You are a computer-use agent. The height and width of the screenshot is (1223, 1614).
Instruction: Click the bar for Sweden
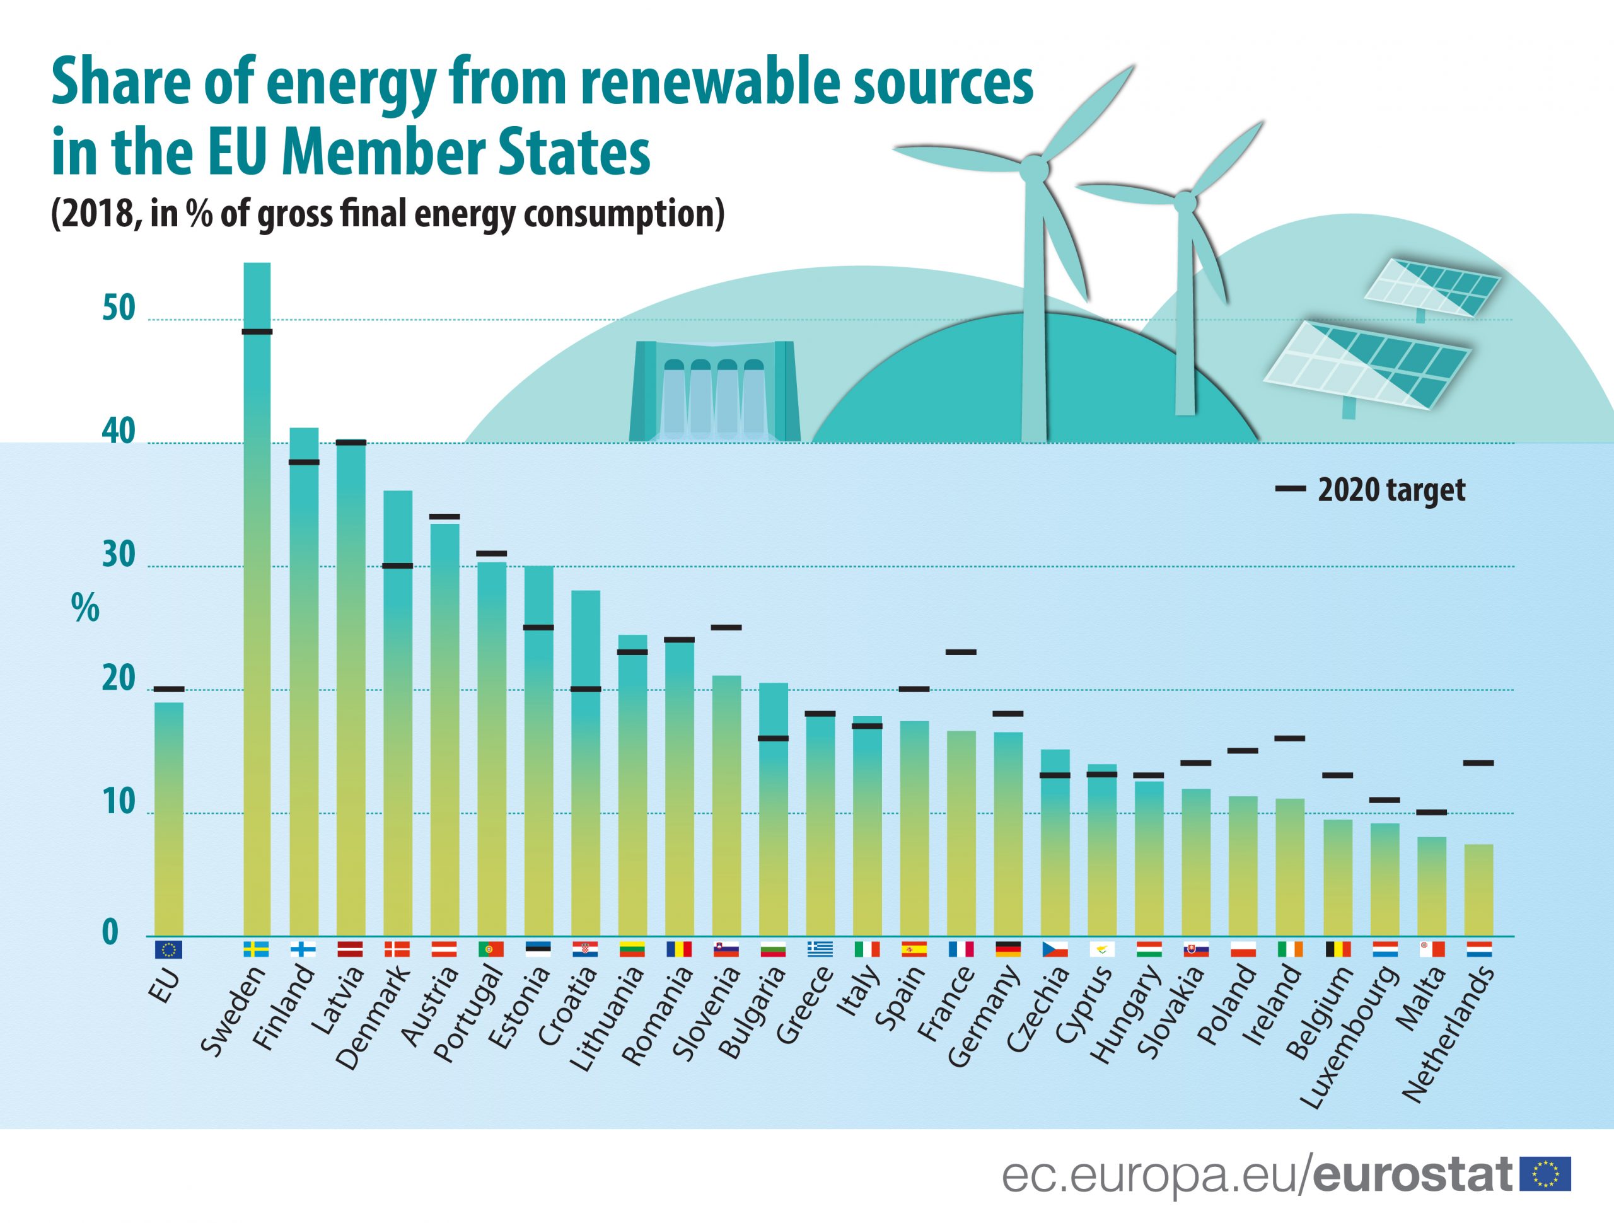pyautogui.click(x=257, y=598)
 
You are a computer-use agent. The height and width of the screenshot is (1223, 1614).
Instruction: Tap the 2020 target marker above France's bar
pyautogui.click(x=961, y=652)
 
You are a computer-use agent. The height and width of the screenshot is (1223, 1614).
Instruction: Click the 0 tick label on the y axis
pyautogui.click(x=110, y=932)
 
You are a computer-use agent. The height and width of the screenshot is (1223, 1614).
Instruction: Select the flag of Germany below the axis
pyautogui.click(x=1007, y=949)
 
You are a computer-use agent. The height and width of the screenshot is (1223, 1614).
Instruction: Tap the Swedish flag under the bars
pyautogui.click(x=256, y=949)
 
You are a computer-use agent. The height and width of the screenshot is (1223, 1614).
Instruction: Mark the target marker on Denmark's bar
pyautogui.click(x=398, y=565)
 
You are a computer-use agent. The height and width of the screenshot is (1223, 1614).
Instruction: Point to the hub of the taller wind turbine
pyautogui.click(x=1034, y=168)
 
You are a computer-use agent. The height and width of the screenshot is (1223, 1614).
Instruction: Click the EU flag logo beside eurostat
pyautogui.click(x=1545, y=1174)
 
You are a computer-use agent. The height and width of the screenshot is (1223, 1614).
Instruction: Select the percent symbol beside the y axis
pyautogui.click(x=85, y=607)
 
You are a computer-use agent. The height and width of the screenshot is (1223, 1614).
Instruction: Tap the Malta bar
pyautogui.click(x=1432, y=886)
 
